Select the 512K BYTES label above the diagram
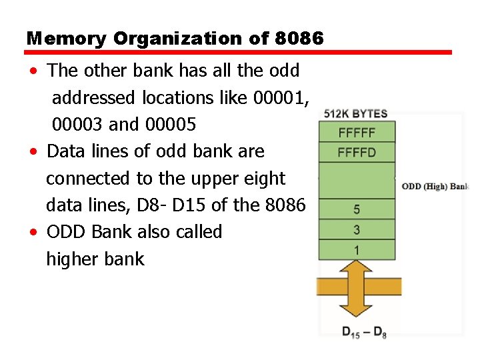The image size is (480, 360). tap(355, 114)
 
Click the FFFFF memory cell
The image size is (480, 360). tap(357, 132)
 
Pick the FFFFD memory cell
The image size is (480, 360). tap(357, 152)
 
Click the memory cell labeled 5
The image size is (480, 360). tap(357, 209)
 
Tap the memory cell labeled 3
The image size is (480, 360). tap(357, 230)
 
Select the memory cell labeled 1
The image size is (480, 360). tap(357, 250)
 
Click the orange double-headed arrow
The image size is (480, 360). tap(359, 287)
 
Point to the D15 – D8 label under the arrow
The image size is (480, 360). tap(364, 332)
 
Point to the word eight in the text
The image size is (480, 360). tap(264, 179)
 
